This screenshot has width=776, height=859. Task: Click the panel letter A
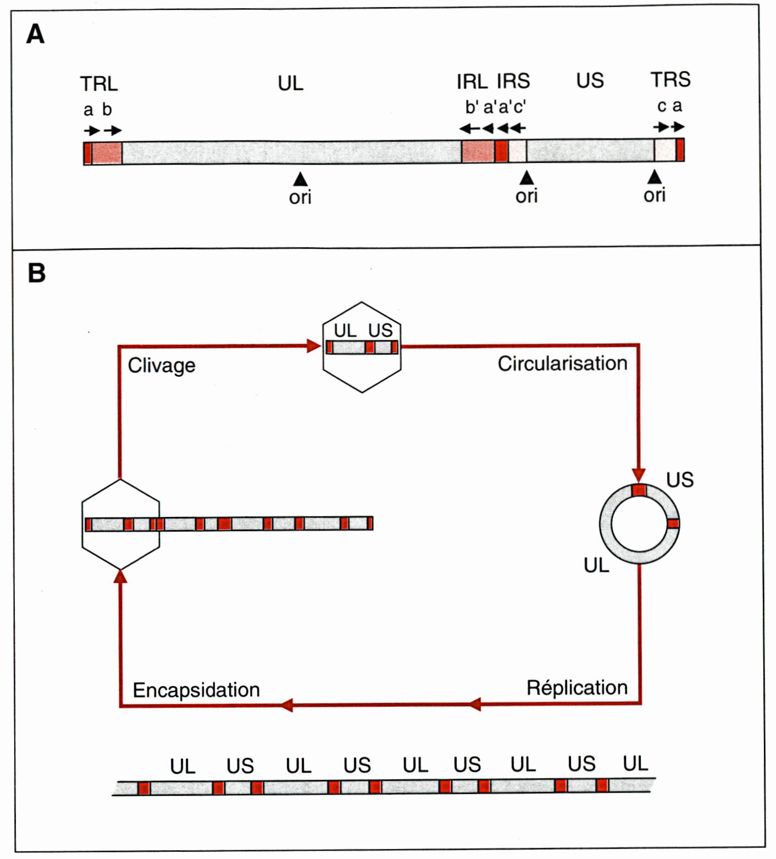coord(35,34)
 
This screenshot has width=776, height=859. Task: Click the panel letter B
coord(36,273)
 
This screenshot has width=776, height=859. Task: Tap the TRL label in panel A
coord(99,84)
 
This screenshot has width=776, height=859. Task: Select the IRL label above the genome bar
coord(472,82)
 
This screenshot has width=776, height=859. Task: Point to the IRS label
coord(513,81)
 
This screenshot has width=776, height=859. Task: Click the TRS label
coord(670,80)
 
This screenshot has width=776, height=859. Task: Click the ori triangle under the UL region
coord(300,179)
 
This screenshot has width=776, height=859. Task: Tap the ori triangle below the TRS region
coord(654,176)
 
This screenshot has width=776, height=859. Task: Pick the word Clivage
coord(162,365)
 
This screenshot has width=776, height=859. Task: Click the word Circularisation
coord(562,363)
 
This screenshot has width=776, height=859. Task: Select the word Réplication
coord(577,687)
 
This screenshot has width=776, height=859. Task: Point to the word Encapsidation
coord(196,690)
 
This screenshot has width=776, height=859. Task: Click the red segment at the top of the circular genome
coord(639,490)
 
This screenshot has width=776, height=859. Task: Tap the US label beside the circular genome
coord(680,480)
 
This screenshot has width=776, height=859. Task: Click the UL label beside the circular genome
coord(596,565)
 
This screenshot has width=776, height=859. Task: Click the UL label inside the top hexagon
coord(345,330)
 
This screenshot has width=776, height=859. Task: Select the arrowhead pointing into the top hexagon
coord(314,345)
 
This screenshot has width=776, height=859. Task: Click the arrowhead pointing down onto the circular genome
coord(639,475)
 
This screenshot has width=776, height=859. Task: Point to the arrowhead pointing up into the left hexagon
coord(120,576)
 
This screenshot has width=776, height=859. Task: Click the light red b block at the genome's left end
coord(107,153)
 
